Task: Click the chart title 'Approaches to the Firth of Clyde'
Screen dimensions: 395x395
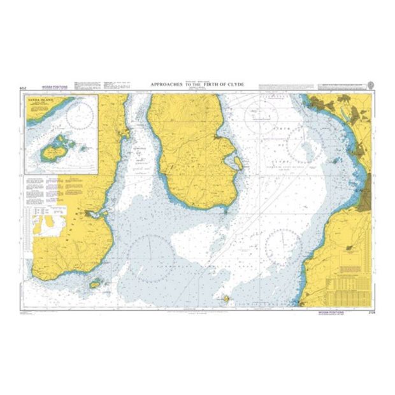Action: click(x=197, y=84)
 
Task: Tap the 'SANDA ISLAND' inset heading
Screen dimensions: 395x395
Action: click(x=40, y=100)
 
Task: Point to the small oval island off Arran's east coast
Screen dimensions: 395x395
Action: click(x=238, y=162)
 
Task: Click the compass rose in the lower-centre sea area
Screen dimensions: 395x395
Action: click(x=150, y=259)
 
